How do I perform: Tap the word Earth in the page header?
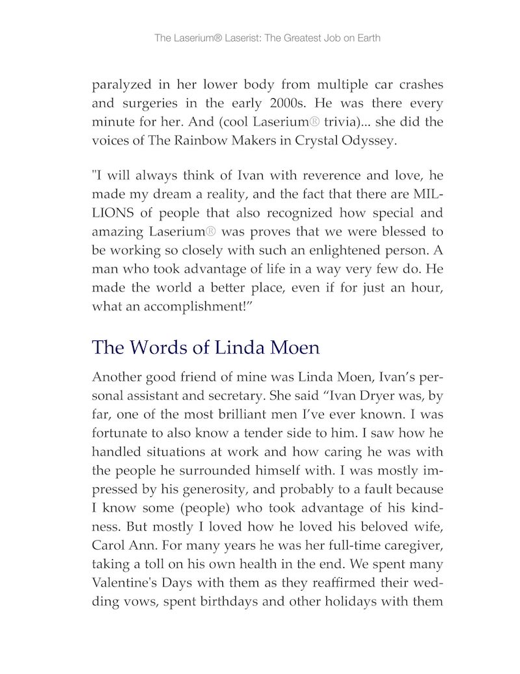(367, 38)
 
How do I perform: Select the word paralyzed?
(122, 85)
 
